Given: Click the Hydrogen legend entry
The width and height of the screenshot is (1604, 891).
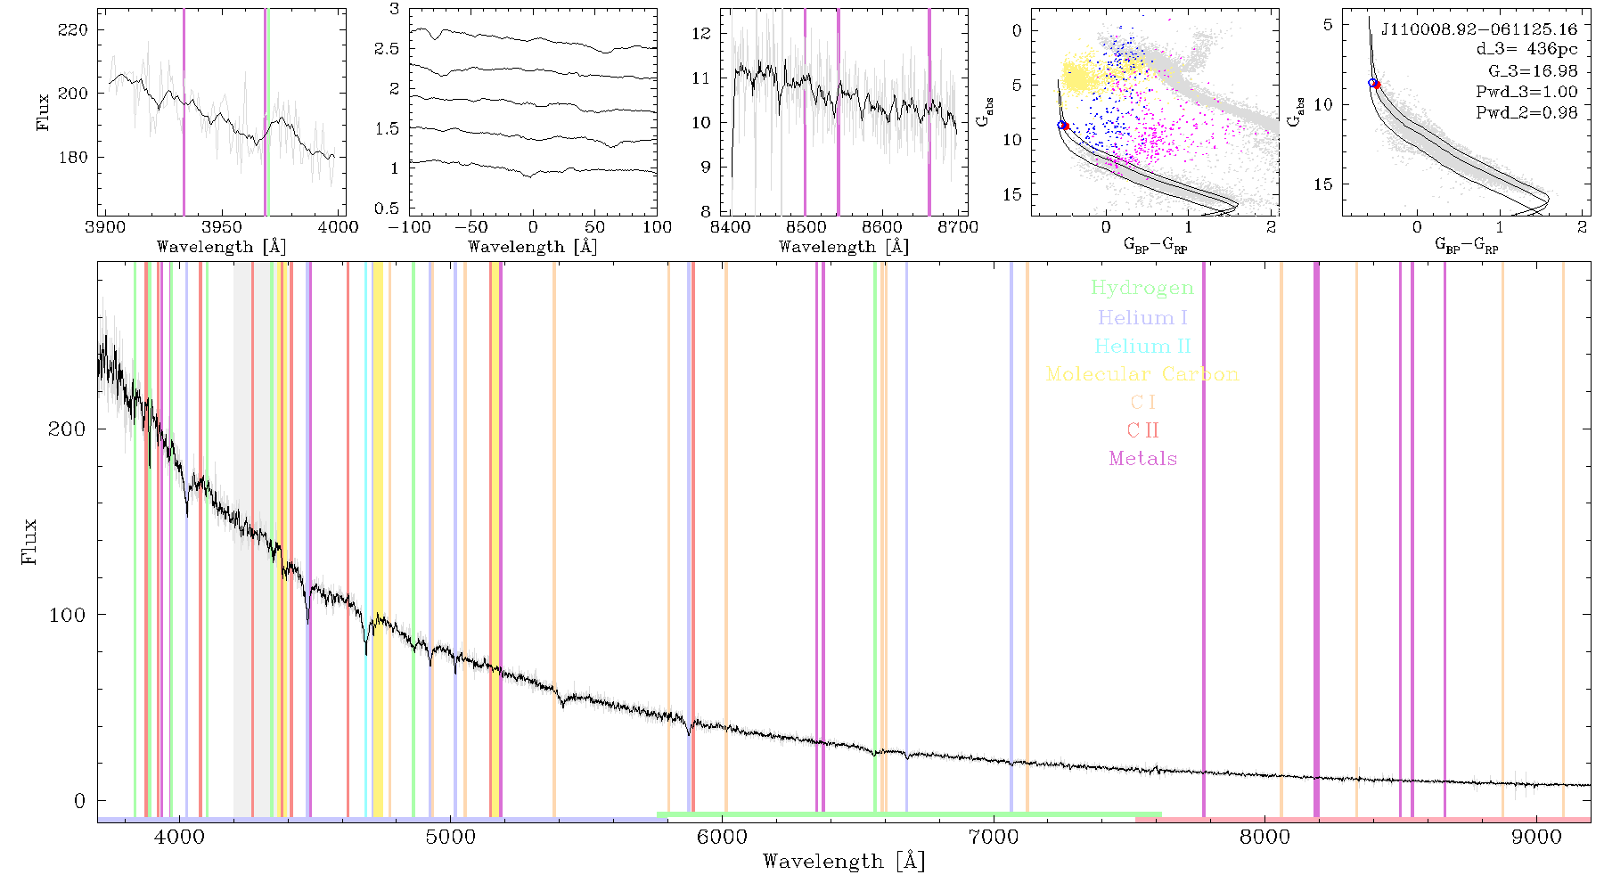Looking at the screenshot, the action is coord(1142,288).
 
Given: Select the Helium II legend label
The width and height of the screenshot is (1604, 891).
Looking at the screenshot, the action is coord(1142,346).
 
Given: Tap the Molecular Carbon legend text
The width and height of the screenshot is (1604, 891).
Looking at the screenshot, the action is coord(1142,374).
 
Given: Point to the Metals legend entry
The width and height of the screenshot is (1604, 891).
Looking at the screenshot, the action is coord(1143,459).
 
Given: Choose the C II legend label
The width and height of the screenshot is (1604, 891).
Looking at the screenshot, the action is coord(1142,430).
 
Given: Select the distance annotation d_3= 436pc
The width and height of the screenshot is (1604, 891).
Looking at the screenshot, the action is coord(1526,50).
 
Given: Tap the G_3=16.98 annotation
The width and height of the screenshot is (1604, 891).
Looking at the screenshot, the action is coord(1533,70).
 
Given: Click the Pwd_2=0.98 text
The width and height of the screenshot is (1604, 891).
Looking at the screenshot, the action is coord(1526,112).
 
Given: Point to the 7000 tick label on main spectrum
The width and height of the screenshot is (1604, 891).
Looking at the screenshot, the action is coord(993,837).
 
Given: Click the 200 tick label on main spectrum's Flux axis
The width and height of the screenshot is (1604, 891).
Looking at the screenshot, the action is coord(67,429).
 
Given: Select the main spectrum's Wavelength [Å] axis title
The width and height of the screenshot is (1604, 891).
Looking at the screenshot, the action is coord(844,862).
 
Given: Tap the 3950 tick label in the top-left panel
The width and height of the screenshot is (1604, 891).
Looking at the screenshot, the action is coord(222,226).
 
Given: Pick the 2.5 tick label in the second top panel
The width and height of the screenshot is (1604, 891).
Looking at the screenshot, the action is coord(387,49).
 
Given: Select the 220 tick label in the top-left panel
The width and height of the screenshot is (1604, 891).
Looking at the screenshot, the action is coord(73,29).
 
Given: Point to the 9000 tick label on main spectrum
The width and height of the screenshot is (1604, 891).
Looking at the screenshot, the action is coord(1535,837).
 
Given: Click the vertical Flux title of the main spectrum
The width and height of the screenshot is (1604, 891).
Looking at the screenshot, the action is coord(29,541).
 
